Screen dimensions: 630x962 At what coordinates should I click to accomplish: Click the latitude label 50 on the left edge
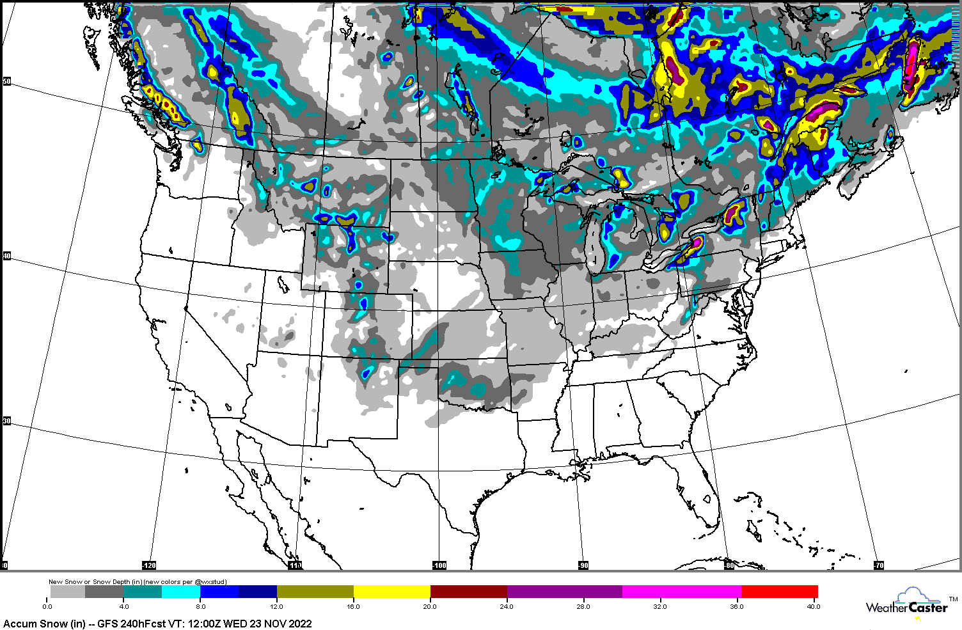(7, 81)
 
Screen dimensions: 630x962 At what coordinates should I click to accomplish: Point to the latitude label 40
(7, 256)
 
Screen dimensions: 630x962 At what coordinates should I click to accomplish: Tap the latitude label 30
(7, 421)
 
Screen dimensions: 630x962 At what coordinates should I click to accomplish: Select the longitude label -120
(149, 565)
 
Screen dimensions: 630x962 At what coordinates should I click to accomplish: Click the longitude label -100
(439, 565)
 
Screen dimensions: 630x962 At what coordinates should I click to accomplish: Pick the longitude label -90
(583, 565)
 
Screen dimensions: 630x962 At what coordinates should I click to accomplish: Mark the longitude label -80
(729, 565)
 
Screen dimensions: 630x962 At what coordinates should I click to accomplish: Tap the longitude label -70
(879, 565)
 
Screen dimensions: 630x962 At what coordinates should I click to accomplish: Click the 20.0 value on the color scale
(429, 606)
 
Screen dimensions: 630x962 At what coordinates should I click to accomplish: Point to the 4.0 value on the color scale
(124, 606)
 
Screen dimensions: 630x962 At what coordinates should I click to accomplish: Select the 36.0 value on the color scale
(737, 606)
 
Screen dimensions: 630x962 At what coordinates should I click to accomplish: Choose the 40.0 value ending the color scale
(813, 606)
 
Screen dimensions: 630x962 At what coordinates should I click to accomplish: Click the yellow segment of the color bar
(391, 592)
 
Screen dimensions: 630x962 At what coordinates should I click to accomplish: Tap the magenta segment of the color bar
(681, 592)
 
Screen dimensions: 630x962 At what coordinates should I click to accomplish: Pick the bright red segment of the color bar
(779, 592)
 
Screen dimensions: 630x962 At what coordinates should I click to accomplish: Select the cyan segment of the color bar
(181, 592)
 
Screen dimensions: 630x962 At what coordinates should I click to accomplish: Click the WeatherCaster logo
(908, 604)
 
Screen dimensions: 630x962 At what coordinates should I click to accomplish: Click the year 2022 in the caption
(299, 624)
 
